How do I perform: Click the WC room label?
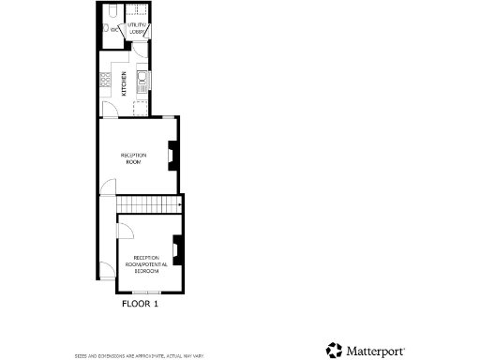pyautogui.click(x=114, y=30)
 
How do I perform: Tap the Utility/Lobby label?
pyautogui.click(x=137, y=29)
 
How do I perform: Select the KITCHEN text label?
pyautogui.click(x=124, y=85)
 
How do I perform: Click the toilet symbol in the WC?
pyautogui.click(x=106, y=29)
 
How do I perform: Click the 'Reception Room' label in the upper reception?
pyautogui.click(x=133, y=157)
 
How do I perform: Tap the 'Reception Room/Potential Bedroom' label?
pyautogui.click(x=147, y=262)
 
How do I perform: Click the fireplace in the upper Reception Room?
pyautogui.click(x=172, y=156)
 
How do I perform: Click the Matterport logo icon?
pyautogui.click(x=335, y=351)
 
